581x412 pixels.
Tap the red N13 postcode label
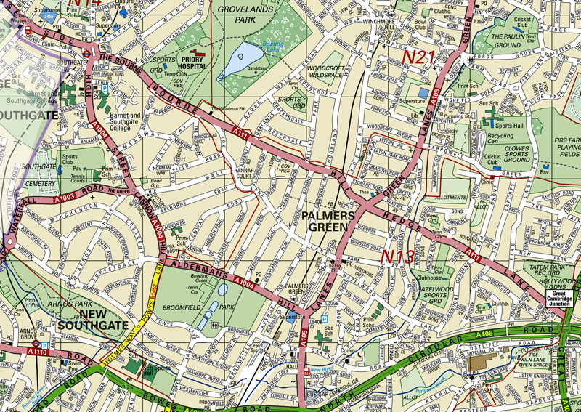[399, 257]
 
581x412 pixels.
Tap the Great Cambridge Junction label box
[561, 299]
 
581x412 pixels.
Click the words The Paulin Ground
[516, 41]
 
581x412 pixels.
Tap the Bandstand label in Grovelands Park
[257, 68]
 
